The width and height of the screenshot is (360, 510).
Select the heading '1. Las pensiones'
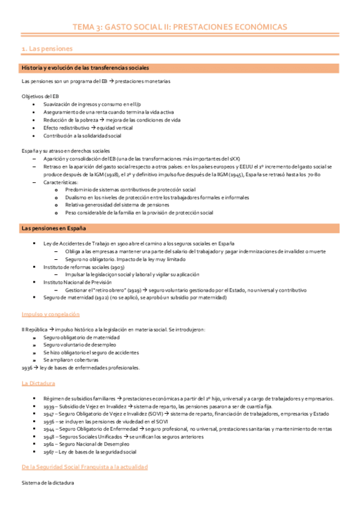click(x=47, y=48)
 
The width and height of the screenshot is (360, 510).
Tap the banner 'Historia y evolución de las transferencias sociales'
click(x=85, y=67)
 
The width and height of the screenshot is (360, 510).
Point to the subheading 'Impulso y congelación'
click(x=51, y=314)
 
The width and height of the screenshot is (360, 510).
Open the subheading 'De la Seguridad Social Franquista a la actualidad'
click(x=84, y=467)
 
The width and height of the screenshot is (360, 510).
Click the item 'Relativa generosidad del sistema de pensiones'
click(x=117, y=204)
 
